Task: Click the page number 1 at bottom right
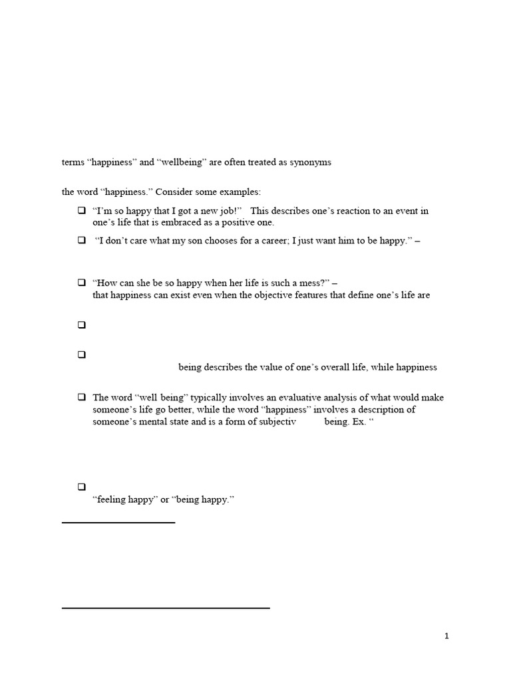pos(447,636)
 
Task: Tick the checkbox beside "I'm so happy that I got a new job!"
pos(81,211)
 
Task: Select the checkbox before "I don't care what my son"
pos(81,241)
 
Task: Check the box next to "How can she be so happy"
pos(81,283)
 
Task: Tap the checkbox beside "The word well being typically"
pos(81,398)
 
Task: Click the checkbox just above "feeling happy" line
pos(81,487)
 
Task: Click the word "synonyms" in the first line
pos(311,162)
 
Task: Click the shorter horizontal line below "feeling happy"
pos(118,523)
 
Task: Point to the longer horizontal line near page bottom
pos(166,608)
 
